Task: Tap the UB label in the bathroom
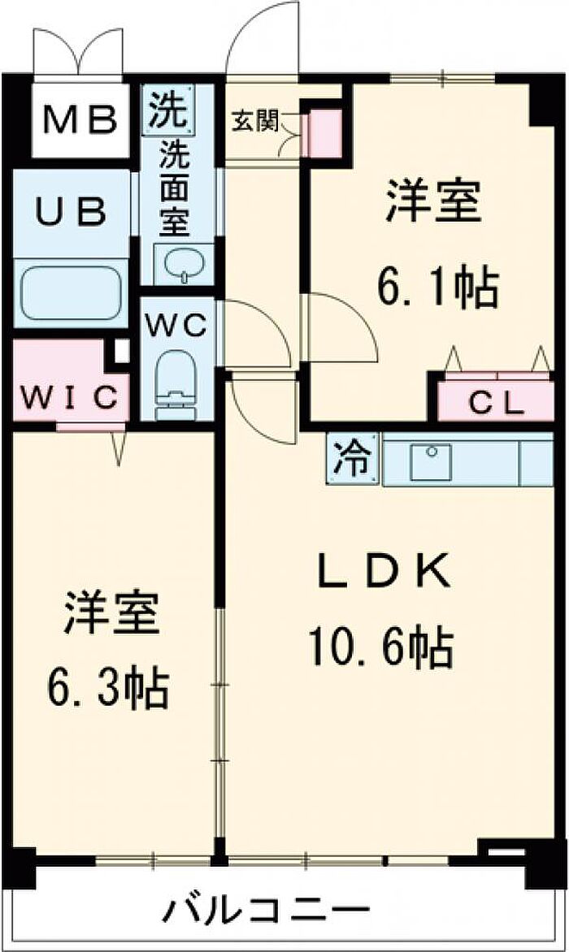71,212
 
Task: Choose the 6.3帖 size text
108,688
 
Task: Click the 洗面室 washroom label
172,188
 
